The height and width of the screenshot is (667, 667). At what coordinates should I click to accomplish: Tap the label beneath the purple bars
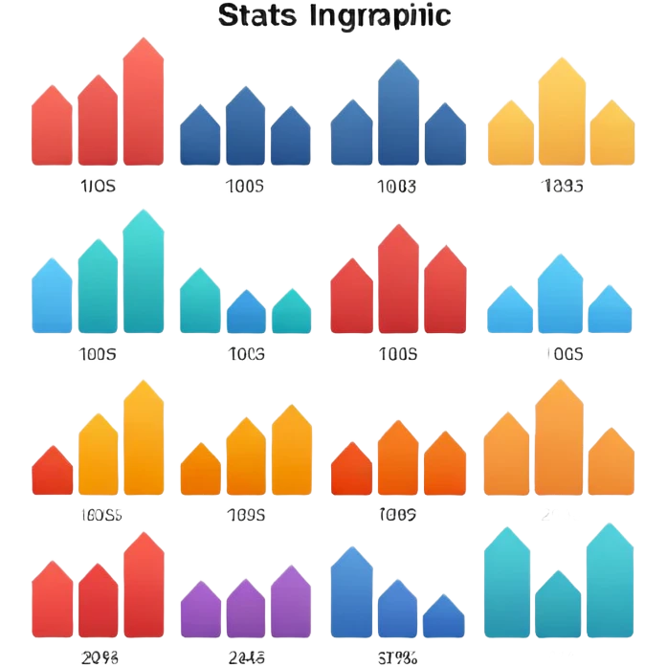(246, 657)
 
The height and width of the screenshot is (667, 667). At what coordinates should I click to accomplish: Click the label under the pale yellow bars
(562, 186)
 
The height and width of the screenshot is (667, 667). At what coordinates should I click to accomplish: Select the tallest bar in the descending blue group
(351, 592)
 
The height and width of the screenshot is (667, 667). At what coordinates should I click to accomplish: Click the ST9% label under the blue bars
(396, 657)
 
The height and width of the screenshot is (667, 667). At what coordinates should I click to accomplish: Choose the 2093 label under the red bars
(99, 657)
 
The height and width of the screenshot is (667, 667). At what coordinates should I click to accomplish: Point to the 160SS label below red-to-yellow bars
(99, 515)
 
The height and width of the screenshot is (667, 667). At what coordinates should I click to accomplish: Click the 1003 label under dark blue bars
(397, 187)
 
